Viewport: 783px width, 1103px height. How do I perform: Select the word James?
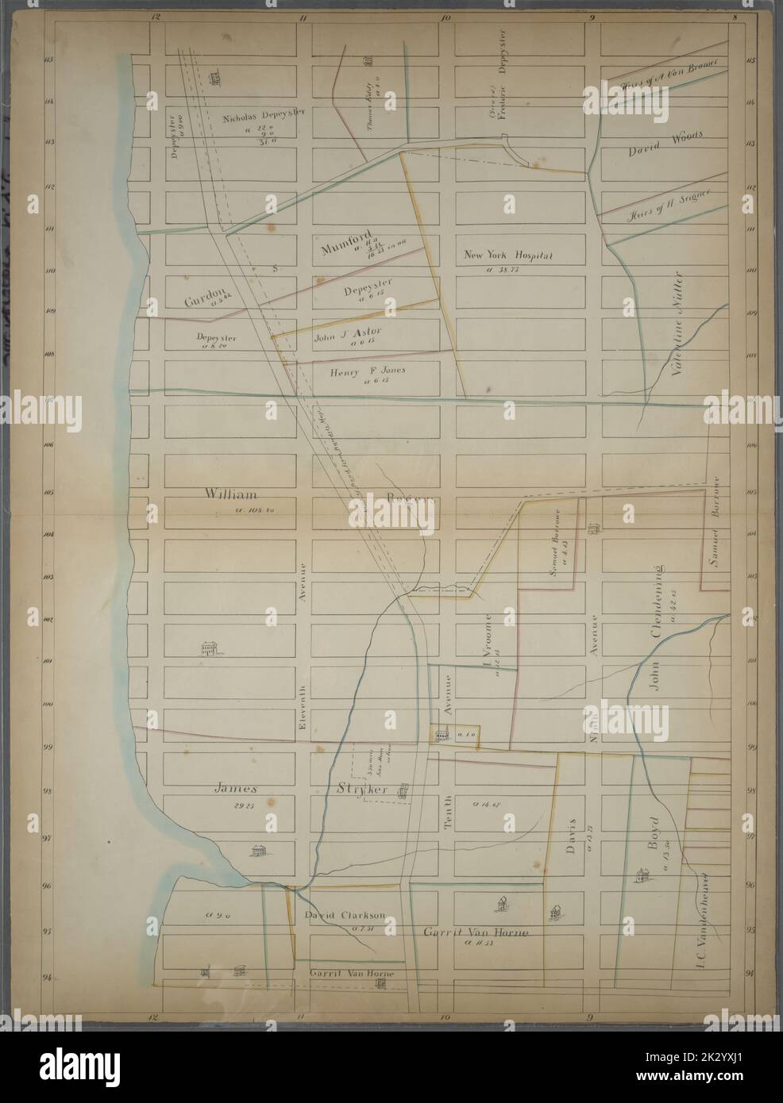pyautogui.click(x=236, y=789)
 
